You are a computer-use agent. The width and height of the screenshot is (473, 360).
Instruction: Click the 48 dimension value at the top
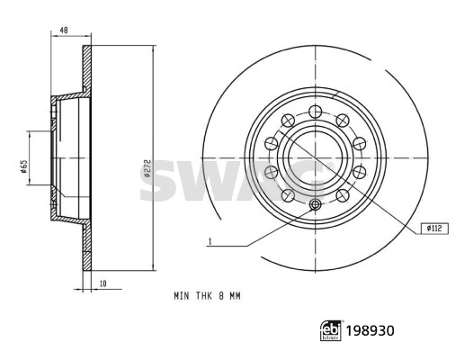coord(63,31)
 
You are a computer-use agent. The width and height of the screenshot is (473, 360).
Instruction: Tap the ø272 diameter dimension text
coord(147,169)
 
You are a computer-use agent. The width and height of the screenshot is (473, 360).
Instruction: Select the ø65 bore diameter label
coord(24,166)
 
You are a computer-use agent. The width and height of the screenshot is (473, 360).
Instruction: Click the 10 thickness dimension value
coord(103,283)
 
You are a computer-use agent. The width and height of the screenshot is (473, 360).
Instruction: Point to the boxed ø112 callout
coord(434,229)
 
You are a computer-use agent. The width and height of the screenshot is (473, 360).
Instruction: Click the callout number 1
coord(210,241)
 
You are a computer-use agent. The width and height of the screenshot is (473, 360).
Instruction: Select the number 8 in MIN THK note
coord(221,296)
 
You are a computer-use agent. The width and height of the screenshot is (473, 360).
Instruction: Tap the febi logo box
coord(331,330)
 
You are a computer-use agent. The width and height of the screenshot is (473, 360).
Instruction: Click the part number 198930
coord(370,330)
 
